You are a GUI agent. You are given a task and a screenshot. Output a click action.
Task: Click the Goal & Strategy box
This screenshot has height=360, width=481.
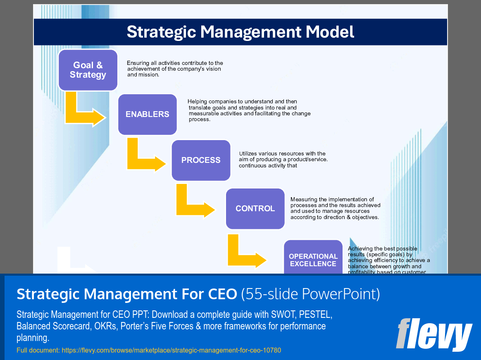pyautogui.click(x=88, y=70)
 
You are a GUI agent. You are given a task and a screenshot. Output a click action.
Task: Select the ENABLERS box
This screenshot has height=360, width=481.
pyautogui.click(x=148, y=114)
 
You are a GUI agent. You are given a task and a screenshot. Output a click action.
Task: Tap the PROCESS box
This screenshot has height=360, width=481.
pyautogui.click(x=201, y=160)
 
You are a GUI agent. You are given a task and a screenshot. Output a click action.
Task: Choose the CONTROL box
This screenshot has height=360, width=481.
pyautogui.click(x=255, y=209)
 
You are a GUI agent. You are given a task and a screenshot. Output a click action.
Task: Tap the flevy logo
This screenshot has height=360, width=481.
pyautogui.click(x=433, y=334)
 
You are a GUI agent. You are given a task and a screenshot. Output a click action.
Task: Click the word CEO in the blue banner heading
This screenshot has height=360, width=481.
pyautogui.click(x=221, y=294)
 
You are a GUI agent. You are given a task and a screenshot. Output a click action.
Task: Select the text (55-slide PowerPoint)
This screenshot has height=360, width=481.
pyautogui.click(x=310, y=294)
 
